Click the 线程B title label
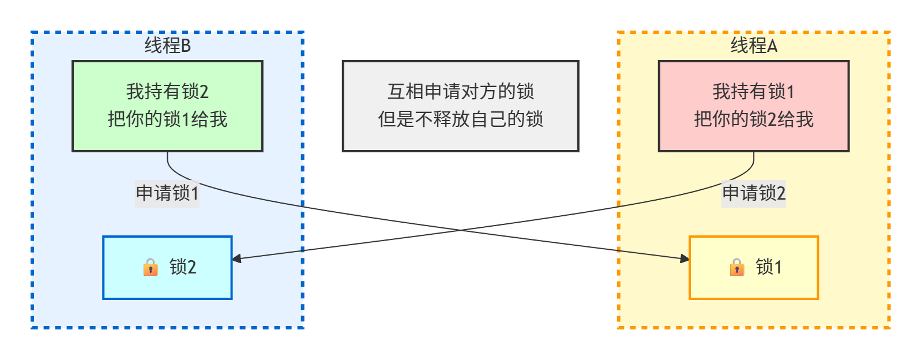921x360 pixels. (x=167, y=46)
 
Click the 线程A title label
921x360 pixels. (x=754, y=46)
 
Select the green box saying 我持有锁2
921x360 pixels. (x=167, y=106)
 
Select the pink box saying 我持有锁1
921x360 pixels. (x=754, y=106)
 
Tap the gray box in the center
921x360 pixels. (x=460, y=106)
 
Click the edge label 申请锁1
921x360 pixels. (x=167, y=193)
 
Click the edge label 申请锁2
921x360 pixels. (x=754, y=193)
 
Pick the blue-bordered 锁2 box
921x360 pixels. (x=167, y=268)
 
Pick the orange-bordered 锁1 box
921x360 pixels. (x=754, y=268)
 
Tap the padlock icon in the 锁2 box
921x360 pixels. (x=151, y=267)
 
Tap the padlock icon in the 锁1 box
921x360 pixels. (x=737, y=267)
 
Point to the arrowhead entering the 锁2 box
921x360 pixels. (x=236, y=259)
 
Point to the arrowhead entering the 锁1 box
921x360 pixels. (x=685, y=259)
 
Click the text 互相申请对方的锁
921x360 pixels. (x=460, y=91)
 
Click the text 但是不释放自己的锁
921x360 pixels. (x=460, y=119)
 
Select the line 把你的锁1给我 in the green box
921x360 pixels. (x=167, y=119)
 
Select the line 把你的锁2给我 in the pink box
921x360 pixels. (x=754, y=119)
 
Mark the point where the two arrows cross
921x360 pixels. (x=460, y=230)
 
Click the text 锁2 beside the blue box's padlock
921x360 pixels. (x=183, y=267)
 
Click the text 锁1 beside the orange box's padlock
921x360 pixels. (x=769, y=267)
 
